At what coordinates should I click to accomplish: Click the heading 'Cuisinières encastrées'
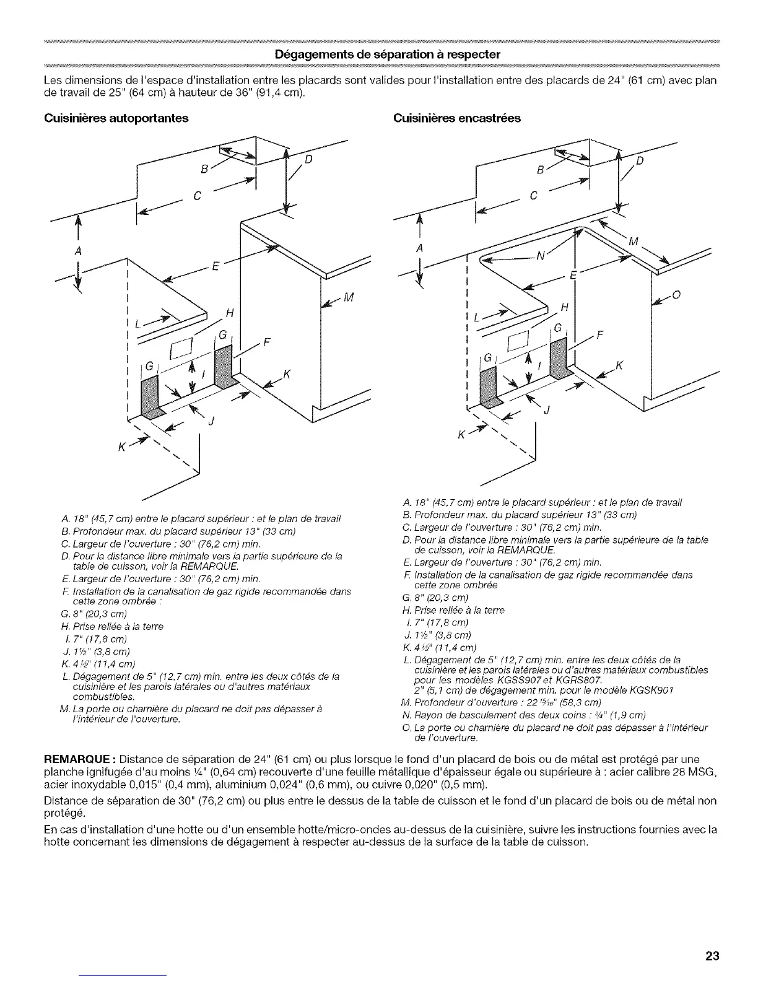pos(457,118)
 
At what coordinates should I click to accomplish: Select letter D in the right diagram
pos(641,162)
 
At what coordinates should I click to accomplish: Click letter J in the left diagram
pos(211,422)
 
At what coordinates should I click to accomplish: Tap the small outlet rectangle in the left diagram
pos(184,349)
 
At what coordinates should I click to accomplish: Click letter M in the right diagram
pos(632,241)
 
